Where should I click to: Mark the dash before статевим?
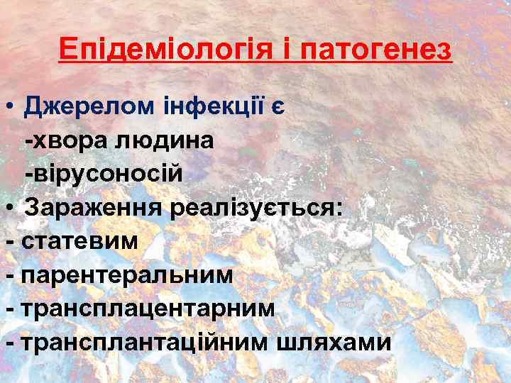[x=9, y=242]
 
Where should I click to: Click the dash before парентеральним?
[x=9, y=275]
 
